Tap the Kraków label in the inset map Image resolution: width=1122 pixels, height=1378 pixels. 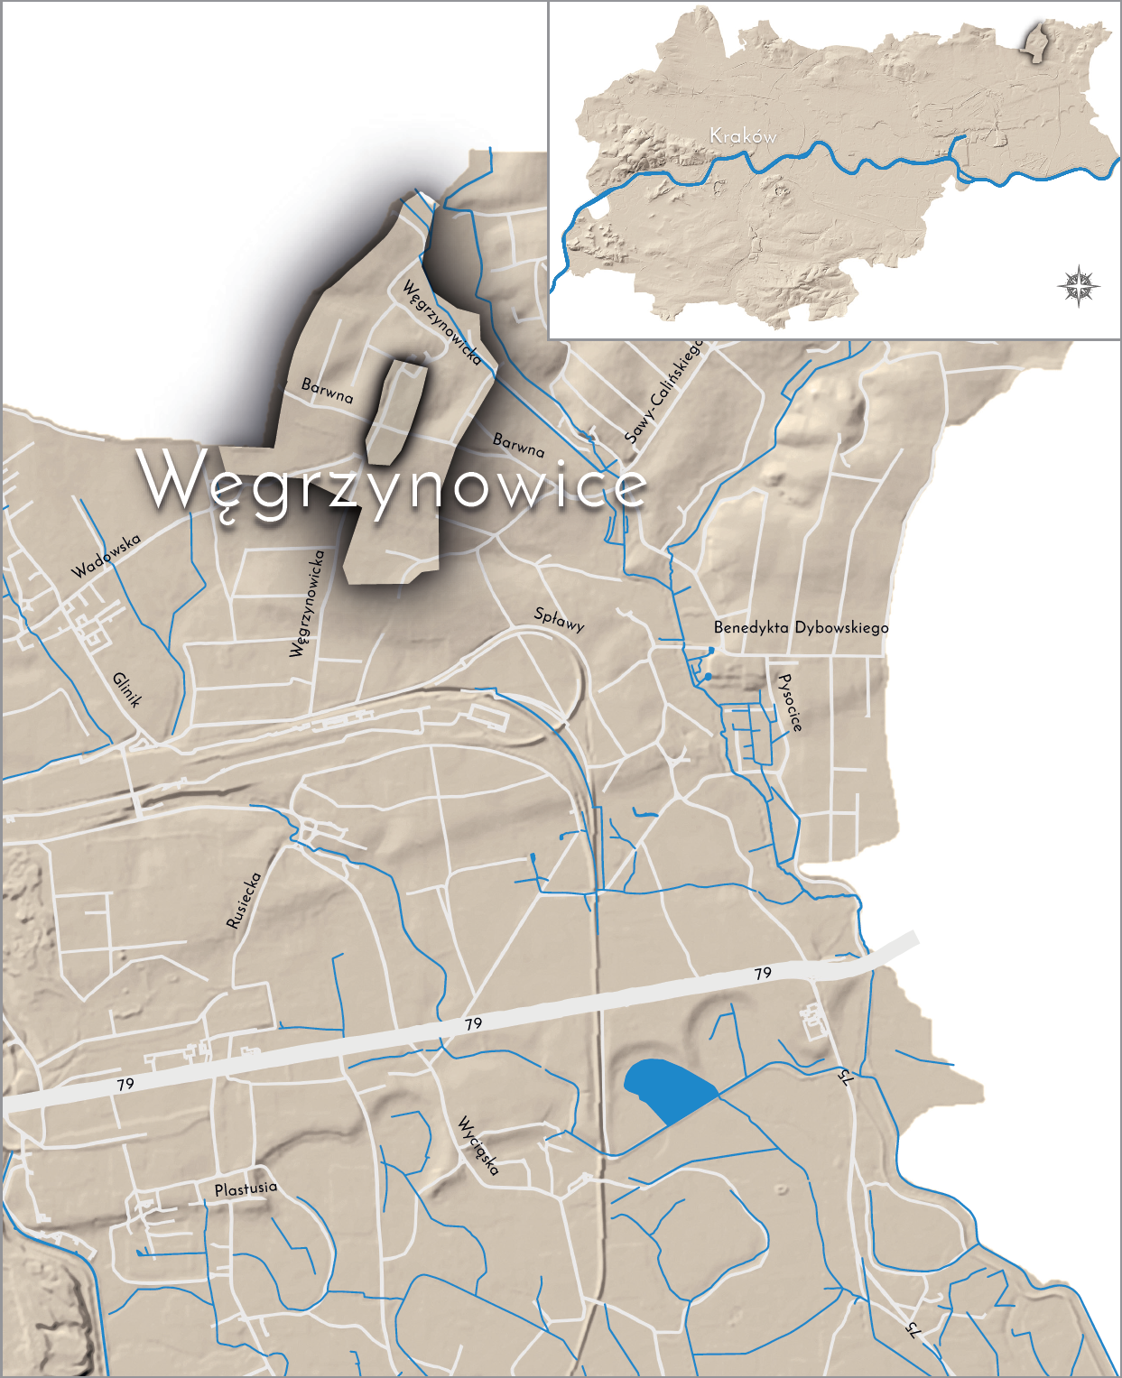tap(743, 136)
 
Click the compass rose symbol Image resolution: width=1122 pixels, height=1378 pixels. tap(1079, 287)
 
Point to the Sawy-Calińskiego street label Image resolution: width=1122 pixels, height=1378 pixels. tap(663, 392)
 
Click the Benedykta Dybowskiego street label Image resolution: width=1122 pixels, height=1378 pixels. tap(801, 627)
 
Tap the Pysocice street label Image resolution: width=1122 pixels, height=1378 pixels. tap(790, 702)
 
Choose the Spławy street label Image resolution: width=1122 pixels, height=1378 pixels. tap(560, 618)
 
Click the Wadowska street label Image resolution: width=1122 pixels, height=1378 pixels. tap(107, 556)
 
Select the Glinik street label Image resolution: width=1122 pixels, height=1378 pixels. tap(128, 690)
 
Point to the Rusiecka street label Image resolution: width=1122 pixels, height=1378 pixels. tap(244, 900)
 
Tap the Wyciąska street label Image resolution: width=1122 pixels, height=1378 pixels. tap(478, 1145)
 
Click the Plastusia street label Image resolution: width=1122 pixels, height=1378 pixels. tap(246, 1188)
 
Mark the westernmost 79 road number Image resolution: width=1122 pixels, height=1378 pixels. tap(125, 1084)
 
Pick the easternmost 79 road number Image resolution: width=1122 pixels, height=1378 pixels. tap(763, 973)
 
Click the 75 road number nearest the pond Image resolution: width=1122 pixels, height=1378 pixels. tap(844, 1077)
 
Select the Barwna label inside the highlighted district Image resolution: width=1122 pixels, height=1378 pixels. tap(327, 391)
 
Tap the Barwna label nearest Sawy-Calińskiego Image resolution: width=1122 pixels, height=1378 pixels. tap(519, 444)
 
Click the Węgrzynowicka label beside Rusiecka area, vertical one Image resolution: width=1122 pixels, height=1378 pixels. tap(307, 604)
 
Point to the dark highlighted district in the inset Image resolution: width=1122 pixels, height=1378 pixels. tap(1035, 42)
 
